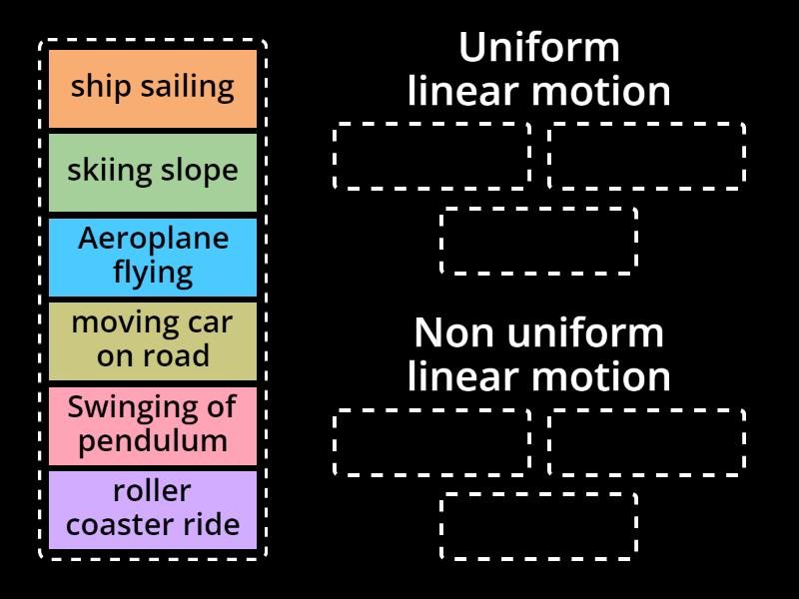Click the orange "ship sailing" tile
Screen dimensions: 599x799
pos(153,88)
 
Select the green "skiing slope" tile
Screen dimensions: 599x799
pos(153,172)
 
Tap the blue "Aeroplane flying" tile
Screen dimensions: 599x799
pos(153,256)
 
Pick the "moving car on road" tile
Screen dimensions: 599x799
pos(153,339)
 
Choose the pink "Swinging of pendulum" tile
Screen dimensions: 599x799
pos(153,424)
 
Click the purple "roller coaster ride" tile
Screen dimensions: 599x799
pos(153,508)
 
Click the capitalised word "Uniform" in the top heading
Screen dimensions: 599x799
pos(539,47)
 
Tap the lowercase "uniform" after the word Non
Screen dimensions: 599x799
pos(584,332)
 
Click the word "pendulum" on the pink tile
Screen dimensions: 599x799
pos(153,440)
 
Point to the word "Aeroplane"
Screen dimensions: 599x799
pos(153,240)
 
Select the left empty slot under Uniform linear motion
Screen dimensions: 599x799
pos(431,156)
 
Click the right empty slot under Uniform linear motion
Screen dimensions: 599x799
pos(646,156)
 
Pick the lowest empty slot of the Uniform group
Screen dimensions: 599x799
pos(539,241)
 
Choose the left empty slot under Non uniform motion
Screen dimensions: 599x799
pos(431,441)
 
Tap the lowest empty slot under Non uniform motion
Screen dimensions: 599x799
pos(539,525)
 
